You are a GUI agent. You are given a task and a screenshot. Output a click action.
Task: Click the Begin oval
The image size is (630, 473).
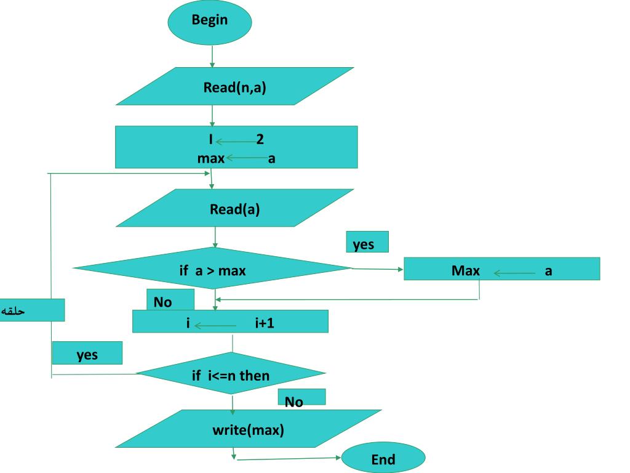pyautogui.click(x=210, y=21)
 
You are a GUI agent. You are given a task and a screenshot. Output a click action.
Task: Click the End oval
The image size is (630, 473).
pyautogui.click(x=383, y=459)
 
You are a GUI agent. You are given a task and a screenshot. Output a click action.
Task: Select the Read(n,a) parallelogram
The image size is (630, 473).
pyautogui.click(x=234, y=86)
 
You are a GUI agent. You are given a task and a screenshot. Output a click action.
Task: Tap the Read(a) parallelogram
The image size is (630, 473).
pyautogui.click(x=234, y=208)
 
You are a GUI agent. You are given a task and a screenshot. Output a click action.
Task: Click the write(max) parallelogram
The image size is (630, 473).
pyautogui.click(x=248, y=429)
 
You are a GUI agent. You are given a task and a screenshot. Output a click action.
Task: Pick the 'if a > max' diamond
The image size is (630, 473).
pyautogui.click(x=212, y=269)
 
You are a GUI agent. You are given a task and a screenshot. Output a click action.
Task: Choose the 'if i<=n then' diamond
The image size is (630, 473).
pyautogui.click(x=230, y=374)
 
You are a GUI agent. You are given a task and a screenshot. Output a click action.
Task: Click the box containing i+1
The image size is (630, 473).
pyautogui.click(x=230, y=321)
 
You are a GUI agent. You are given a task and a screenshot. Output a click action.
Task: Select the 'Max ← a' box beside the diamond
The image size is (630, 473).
pyautogui.click(x=501, y=269)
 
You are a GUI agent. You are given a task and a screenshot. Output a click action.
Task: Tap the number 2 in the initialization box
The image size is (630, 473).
pyautogui.click(x=260, y=139)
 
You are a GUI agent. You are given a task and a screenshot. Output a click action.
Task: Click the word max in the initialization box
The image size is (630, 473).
pyautogui.click(x=210, y=158)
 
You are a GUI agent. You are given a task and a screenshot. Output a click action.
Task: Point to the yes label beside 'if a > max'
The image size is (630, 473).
pyautogui.click(x=367, y=243)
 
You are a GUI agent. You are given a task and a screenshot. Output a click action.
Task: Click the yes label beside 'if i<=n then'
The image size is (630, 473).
pyautogui.click(x=87, y=354)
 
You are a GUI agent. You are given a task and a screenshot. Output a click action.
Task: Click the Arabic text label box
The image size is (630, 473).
pyautogui.click(x=32, y=310)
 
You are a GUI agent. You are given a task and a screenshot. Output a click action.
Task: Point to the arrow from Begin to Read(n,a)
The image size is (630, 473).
pyautogui.click(x=212, y=55)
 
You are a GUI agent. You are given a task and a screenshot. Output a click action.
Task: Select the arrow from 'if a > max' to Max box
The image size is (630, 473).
pyautogui.click(x=377, y=269)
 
